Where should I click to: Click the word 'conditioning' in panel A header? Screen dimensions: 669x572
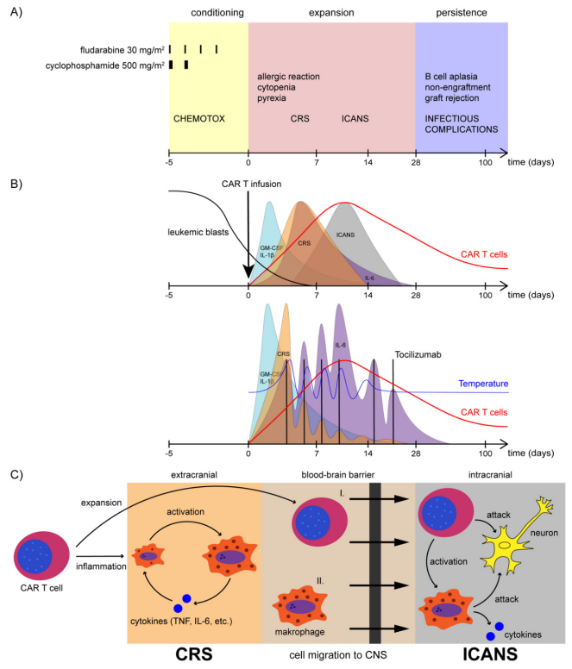pos(208,14)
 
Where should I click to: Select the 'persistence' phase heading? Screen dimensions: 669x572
pos(462,14)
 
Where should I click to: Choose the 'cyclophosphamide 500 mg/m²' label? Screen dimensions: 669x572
pos(104,65)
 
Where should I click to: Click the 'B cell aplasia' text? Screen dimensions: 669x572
pos(451,77)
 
